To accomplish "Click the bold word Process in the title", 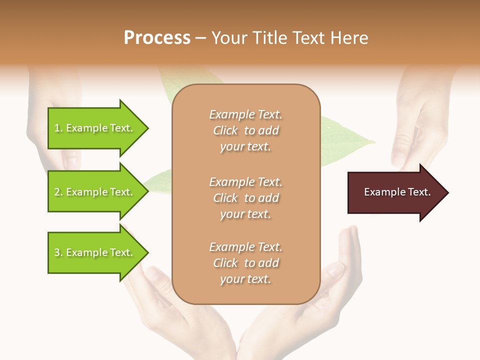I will click(x=157, y=38).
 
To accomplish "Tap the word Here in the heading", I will click(x=349, y=38).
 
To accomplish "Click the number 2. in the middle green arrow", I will click(x=58, y=192).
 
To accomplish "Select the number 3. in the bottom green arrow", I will click(x=58, y=252).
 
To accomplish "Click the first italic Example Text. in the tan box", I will click(x=245, y=114).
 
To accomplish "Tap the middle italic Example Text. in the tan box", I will click(x=245, y=181).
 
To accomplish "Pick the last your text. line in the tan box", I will click(x=245, y=279).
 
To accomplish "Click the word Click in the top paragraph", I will click(x=225, y=130).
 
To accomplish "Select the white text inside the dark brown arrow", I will click(x=397, y=192).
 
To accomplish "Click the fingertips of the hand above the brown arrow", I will click(x=398, y=159).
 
